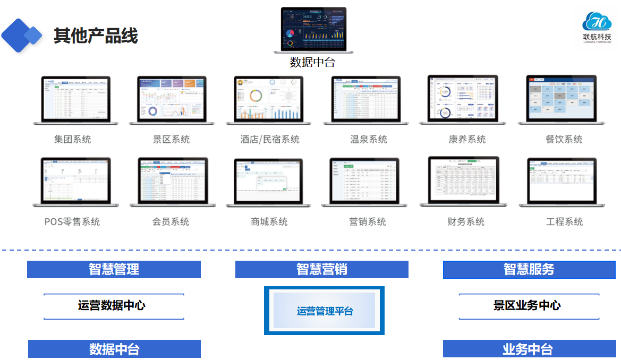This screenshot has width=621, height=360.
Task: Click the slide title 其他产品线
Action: [x=96, y=36]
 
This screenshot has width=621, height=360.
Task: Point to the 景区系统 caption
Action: [x=171, y=140]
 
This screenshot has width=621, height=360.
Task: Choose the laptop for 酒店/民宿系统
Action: [x=268, y=100]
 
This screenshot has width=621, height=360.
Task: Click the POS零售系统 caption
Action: [x=72, y=221]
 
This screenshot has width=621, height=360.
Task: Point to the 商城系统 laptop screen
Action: [x=268, y=180]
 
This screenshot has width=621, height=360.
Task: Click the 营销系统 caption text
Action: [x=368, y=221]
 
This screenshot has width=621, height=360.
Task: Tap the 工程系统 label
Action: [x=564, y=221]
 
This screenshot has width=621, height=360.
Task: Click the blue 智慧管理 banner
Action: [x=114, y=269]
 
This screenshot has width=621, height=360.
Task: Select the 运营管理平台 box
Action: [x=324, y=311]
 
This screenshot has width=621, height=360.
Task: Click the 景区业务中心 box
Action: [x=529, y=306]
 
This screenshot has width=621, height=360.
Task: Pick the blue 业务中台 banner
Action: [x=529, y=349]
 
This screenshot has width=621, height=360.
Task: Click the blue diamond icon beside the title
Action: [x=21, y=36]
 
